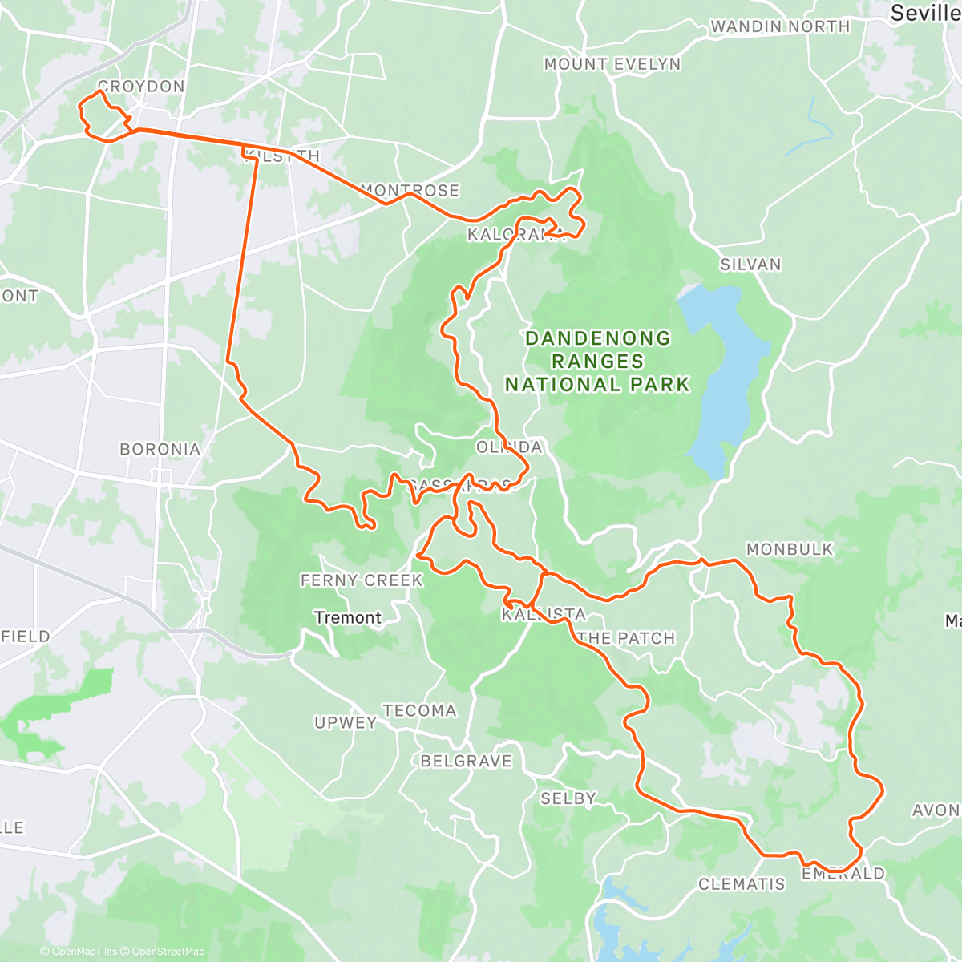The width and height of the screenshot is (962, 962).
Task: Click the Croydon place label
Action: tap(141, 86)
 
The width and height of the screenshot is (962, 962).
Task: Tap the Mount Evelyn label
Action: tap(612, 64)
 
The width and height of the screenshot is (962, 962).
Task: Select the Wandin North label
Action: tap(780, 26)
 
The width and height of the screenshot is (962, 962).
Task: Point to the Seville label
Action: tap(925, 13)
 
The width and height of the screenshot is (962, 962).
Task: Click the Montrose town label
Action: tap(410, 191)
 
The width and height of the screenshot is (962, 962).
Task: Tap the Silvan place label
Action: tap(750, 265)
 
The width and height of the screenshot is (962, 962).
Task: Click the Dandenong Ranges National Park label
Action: tap(597, 362)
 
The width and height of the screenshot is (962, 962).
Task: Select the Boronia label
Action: tap(160, 449)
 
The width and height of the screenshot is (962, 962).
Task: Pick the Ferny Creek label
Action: tap(362, 580)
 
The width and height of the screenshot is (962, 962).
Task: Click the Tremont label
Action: tap(348, 617)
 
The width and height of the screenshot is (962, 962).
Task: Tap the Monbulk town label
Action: tap(790, 549)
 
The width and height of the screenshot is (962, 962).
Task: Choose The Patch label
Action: tap(626, 638)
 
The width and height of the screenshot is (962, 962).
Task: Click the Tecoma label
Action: tap(419, 710)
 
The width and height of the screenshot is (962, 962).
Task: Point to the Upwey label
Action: tap(346, 722)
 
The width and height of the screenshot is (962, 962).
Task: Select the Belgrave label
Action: tap(466, 761)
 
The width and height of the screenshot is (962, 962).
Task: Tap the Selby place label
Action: tap(568, 798)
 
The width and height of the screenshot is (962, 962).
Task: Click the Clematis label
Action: tap(742, 884)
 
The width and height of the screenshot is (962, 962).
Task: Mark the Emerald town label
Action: tap(843, 874)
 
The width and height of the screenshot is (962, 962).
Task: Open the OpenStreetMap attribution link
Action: tap(168, 952)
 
